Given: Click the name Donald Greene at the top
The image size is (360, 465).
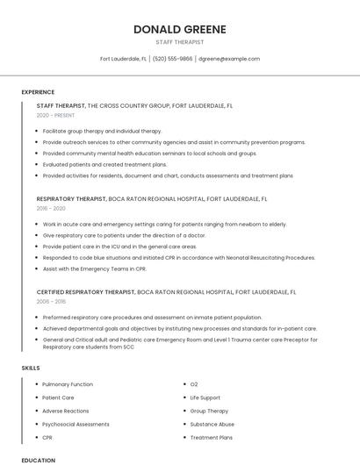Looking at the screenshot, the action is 179,29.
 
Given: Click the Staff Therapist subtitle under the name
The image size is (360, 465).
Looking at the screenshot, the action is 179,41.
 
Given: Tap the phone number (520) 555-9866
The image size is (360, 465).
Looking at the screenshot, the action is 172,59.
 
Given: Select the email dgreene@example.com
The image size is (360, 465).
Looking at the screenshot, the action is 228,59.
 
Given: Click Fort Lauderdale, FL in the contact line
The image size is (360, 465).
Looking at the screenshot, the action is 123,59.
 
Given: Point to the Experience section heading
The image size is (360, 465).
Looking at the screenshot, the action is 38,92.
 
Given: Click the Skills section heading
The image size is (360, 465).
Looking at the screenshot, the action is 31,368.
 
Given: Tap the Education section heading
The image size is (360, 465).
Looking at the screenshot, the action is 38,460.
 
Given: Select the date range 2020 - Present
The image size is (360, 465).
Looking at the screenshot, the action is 55,115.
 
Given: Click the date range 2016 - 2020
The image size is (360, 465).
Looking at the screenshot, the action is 51,209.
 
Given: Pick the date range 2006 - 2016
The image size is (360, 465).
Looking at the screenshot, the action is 51,301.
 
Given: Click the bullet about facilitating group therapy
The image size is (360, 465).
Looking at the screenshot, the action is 102,131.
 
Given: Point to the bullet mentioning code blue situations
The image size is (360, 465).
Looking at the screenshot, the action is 178,258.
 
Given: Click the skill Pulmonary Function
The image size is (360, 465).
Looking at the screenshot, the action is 68,384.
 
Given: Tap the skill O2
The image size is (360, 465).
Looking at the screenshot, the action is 194,384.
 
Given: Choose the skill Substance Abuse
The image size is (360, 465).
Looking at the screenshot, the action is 212,424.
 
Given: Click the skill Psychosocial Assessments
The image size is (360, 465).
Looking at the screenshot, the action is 76,424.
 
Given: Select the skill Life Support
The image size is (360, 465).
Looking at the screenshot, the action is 205,397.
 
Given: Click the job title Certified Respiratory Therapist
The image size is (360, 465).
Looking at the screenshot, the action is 85,290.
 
